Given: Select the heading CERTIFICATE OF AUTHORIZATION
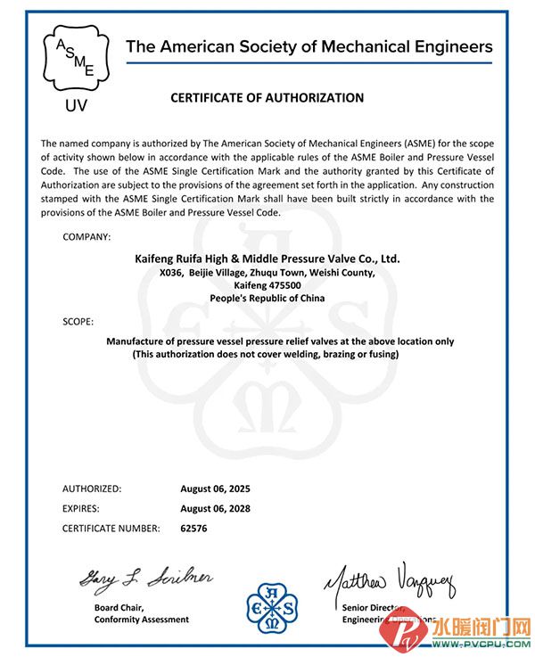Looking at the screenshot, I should pyautogui.click(x=267, y=98).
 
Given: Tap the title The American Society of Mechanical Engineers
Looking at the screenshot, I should pyautogui.click(x=309, y=46).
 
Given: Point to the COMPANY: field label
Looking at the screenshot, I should pyautogui.click(x=86, y=236).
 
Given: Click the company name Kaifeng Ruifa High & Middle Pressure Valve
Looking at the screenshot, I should pyautogui.click(x=267, y=259).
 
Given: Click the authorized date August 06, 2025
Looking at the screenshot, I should pyautogui.click(x=215, y=489).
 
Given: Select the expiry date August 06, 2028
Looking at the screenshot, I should pyautogui.click(x=215, y=508).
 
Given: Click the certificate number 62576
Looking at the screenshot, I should pyautogui.click(x=193, y=529).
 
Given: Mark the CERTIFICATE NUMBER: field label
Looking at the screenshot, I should pyautogui.click(x=111, y=529).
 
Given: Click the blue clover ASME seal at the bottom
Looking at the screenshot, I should pyautogui.click(x=267, y=609).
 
